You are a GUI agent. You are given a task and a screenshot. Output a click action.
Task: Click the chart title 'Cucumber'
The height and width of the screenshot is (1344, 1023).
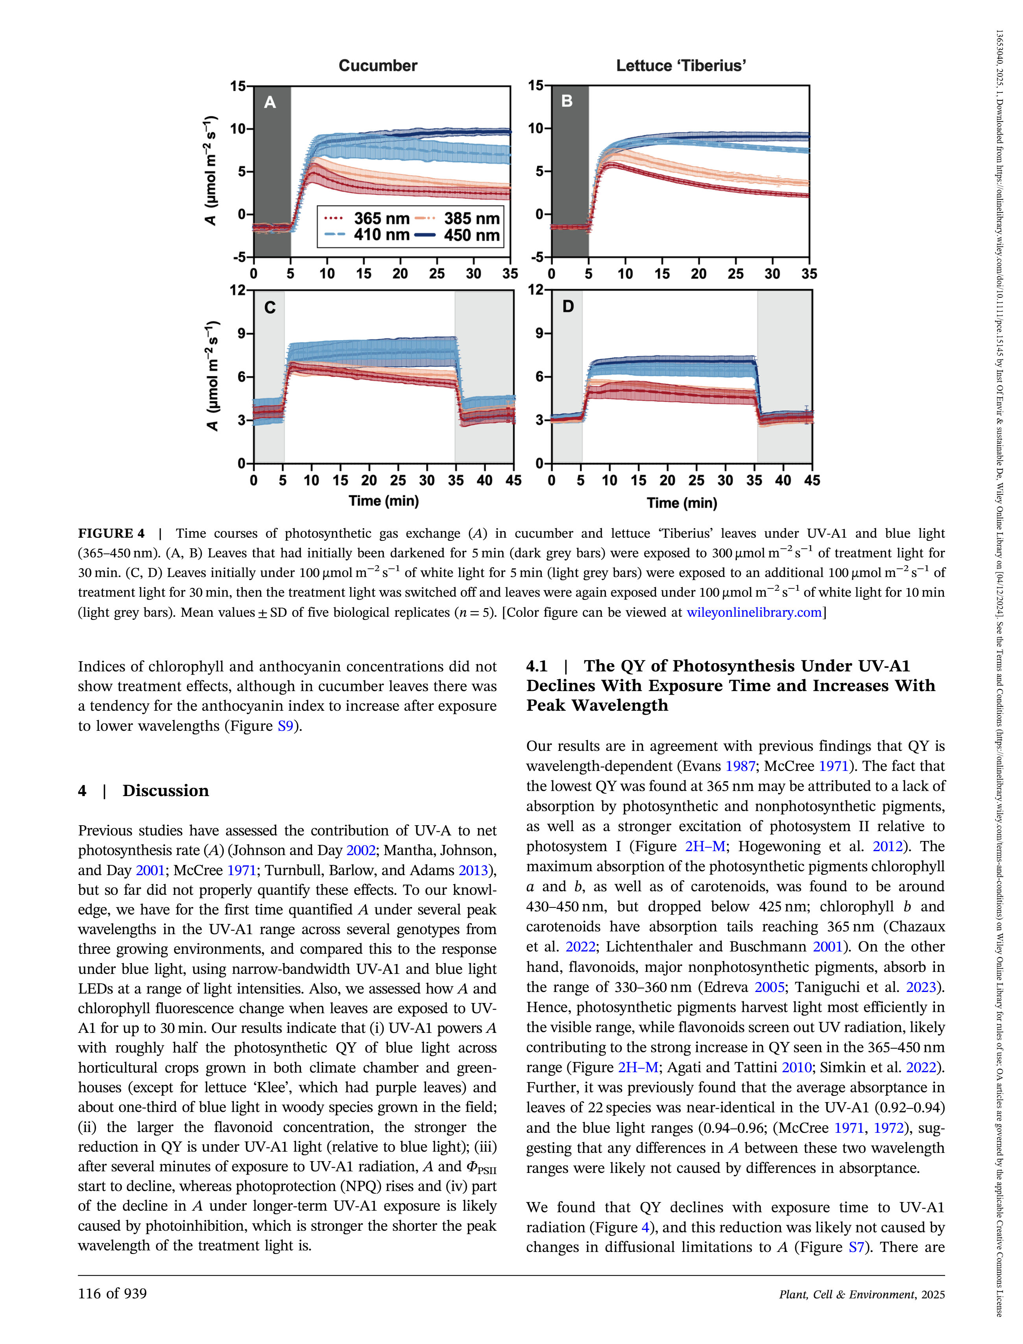click(x=378, y=66)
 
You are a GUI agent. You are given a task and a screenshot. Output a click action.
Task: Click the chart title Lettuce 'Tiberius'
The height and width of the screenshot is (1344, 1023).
click(x=681, y=66)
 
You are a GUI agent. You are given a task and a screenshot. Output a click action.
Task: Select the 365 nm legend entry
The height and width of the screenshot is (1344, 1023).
click(x=366, y=219)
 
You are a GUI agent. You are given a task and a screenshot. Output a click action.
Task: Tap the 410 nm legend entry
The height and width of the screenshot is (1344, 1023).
click(x=366, y=236)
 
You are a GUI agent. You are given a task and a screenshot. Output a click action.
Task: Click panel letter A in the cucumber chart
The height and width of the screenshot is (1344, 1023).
click(x=270, y=102)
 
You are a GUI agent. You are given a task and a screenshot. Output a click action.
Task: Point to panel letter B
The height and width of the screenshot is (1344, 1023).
click(x=567, y=101)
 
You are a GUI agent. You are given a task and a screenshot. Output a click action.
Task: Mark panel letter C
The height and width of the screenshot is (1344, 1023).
click(x=270, y=308)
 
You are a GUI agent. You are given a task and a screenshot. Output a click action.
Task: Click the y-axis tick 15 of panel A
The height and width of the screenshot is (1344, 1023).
click(x=238, y=87)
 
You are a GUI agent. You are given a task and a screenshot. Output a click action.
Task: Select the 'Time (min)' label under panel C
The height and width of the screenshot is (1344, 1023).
click(x=384, y=501)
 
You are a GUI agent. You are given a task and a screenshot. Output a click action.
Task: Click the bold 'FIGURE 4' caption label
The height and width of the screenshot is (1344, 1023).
click(x=111, y=534)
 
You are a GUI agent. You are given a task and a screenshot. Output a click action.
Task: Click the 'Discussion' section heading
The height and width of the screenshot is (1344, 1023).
click(x=166, y=791)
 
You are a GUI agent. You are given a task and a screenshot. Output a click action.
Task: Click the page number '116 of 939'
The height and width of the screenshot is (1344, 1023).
click(x=112, y=1294)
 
